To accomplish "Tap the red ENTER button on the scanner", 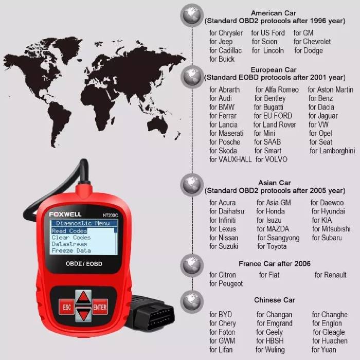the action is tap(100, 307).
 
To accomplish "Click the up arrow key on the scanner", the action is tap(83, 298).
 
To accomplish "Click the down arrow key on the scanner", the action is tap(83, 315).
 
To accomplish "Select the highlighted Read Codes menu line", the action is tap(69, 231).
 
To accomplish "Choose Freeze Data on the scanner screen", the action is tap(71, 250).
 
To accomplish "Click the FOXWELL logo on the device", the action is tap(65, 214).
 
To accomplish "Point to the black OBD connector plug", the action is tap(152, 313).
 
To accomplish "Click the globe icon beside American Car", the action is tap(192, 15).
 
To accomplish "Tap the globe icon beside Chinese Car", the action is tap(192, 302).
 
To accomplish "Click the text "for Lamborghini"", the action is tap(332, 151).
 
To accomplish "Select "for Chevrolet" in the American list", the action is tap(312, 42).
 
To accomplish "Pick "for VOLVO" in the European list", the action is tap(272, 159).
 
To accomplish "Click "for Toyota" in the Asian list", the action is tap(272, 246).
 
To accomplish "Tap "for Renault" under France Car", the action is tap(330, 275).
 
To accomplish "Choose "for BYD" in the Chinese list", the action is tap(221, 314).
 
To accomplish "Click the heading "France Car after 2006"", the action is tap(275, 263).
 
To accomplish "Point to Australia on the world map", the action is tap(158, 123).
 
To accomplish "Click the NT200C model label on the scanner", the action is tap(110, 215).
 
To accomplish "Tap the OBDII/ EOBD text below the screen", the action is tap(84, 263).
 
